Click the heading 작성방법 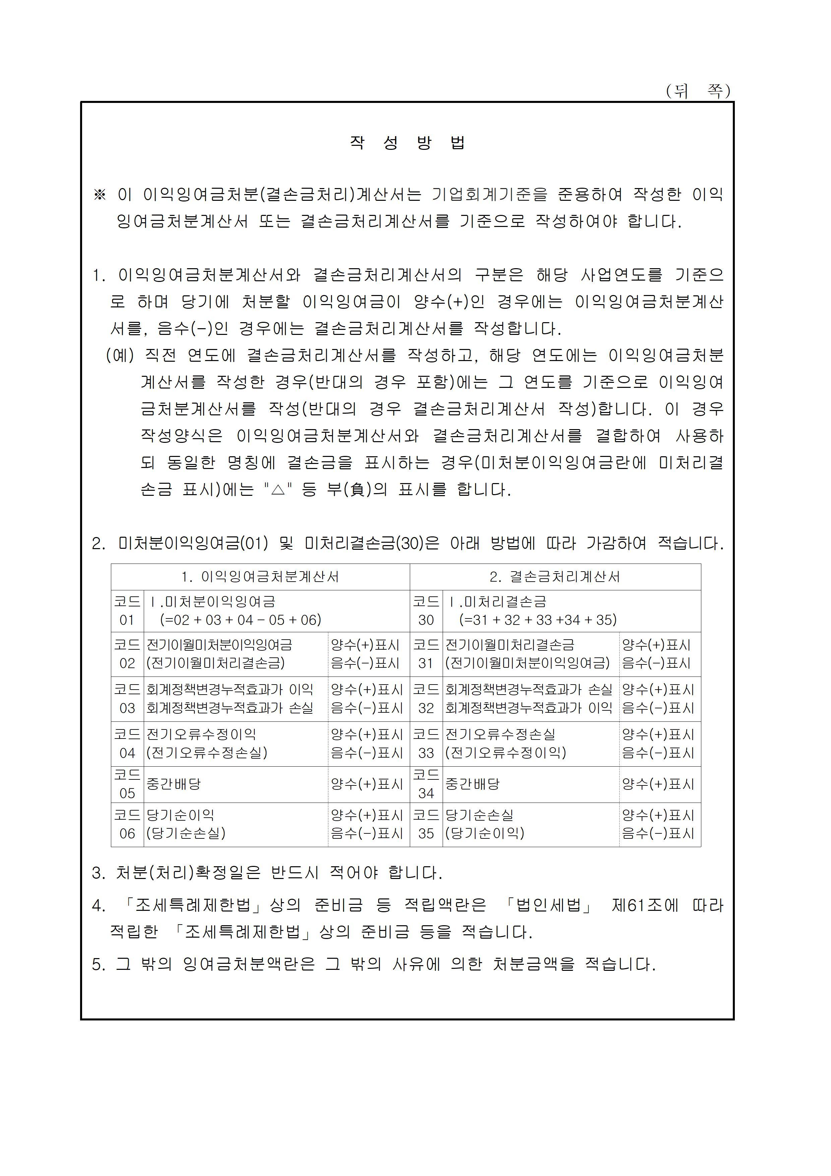pyautogui.click(x=407, y=142)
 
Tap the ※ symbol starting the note pyautogui.click(x=99, y=195)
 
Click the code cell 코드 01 pyautogui.click(x=127, y=611)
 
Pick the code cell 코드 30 pyautogui.click(x=426, y=611)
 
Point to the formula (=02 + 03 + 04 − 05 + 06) pyautogui.click(x=241, y=620)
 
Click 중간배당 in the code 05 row pyautogui.click(x=174, y=784)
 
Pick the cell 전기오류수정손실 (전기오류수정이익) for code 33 pyautogui.click(x=505, y=744)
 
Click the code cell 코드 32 pyautogui.click(x=426, y=699)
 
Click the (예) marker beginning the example pyautogui.click(x=120, y=355)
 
